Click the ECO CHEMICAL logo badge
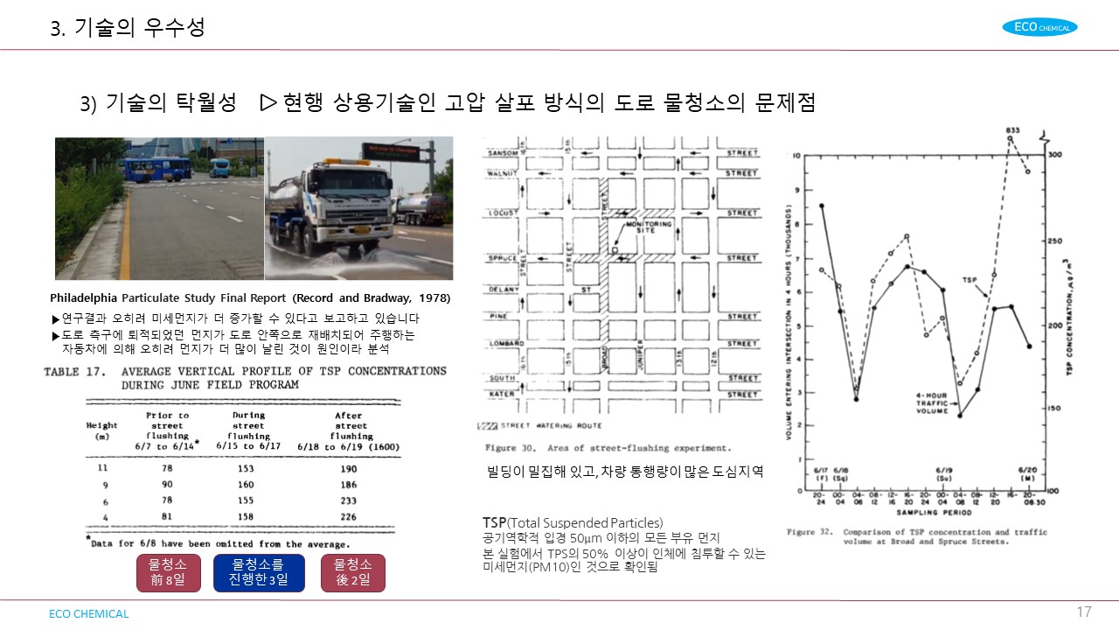pyautogui.click(x=1039, y=27)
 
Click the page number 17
pyautogui.click(x=1084, y=612)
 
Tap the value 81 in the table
pyautogui.click(x=166, y=516)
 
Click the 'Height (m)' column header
pyautogui.click(x=101, y=430)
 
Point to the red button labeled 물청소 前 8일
pyautogui.click(x=168, y=572)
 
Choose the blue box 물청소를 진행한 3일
pyautogui.click(x=259, y=572)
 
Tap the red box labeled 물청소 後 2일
pyautogui.click(x=352, y=572)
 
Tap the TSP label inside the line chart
pyautogui.click(x=970, y=280)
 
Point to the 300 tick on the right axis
pyautogui.click(x=1054, y=154)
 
